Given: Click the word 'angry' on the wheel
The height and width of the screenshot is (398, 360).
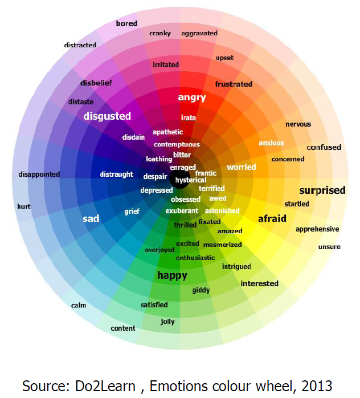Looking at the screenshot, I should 191,98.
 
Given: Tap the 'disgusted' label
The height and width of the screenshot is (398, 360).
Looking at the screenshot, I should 107,116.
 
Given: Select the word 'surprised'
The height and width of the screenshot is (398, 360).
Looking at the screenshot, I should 322,190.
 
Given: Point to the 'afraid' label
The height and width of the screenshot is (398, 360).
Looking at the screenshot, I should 272,218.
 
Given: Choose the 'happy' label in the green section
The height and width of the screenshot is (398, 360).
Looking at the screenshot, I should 172,276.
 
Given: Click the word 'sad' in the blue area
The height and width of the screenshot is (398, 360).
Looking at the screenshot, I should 91,218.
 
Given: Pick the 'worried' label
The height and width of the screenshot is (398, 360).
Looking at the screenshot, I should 242,167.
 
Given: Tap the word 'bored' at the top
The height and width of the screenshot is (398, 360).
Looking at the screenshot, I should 126,23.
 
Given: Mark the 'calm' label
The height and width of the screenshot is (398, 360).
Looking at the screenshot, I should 79,305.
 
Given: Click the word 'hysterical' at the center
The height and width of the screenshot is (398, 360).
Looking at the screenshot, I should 191,180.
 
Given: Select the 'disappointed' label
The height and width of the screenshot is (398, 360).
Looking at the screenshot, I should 39,174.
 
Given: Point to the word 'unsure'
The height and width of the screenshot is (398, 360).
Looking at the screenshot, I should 329,246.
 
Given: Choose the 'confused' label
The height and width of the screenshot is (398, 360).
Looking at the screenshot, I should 324,148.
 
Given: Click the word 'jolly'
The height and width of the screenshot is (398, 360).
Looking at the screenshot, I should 167,322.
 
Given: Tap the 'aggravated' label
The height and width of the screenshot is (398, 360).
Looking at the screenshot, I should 199,33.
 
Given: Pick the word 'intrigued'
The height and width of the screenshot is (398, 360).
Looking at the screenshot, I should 236,266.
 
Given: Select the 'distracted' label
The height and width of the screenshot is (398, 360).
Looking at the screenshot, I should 80,44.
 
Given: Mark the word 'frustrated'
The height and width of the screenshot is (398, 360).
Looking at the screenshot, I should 234,84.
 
